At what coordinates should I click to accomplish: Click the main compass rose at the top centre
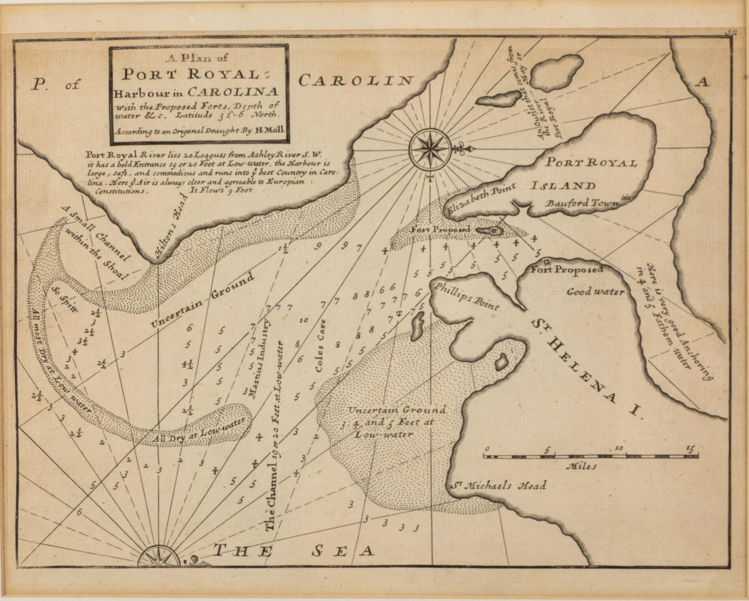point(429,149)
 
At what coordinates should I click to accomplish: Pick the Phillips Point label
point(466,296)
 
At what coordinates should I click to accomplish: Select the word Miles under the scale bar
point(581,467)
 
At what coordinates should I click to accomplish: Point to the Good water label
point(595,292)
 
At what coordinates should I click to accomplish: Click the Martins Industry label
point(259,358)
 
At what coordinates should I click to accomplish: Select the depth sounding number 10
point(303,320)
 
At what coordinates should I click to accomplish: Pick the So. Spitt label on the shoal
point(66,300)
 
